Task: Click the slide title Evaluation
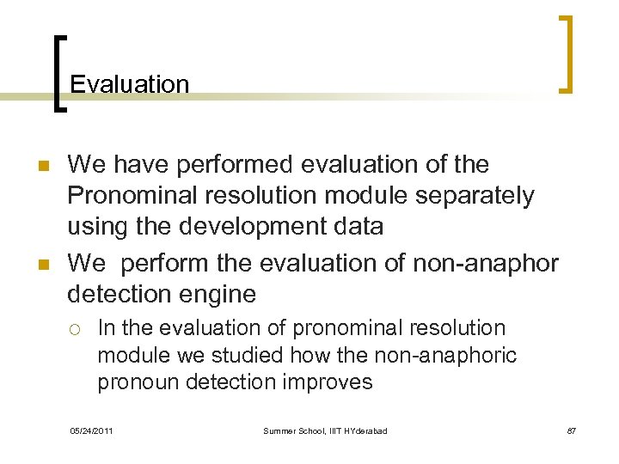pos(129,84)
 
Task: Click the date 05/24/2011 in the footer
pos(91,430)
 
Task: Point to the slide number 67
pos(572,430)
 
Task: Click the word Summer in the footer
pos(281,430)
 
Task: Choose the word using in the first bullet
pos(99,228)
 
